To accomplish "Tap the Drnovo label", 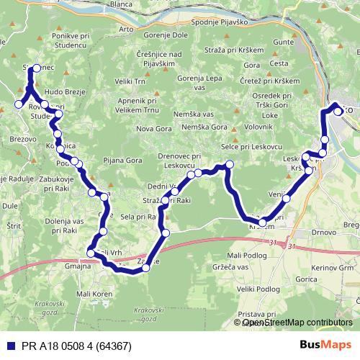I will [x=310, y=233].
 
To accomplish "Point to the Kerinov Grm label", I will [x=333, y=268].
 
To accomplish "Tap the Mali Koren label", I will [x=95, y=294].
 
